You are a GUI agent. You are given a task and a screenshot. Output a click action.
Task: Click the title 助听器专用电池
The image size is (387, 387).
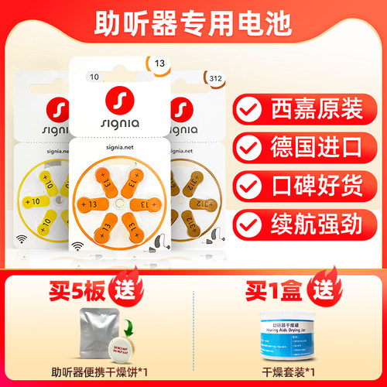[193, 23]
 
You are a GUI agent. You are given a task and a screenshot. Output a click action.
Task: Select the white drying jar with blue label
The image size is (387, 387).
[281, 338]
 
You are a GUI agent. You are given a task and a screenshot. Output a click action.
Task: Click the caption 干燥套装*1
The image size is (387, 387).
[281, 372]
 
